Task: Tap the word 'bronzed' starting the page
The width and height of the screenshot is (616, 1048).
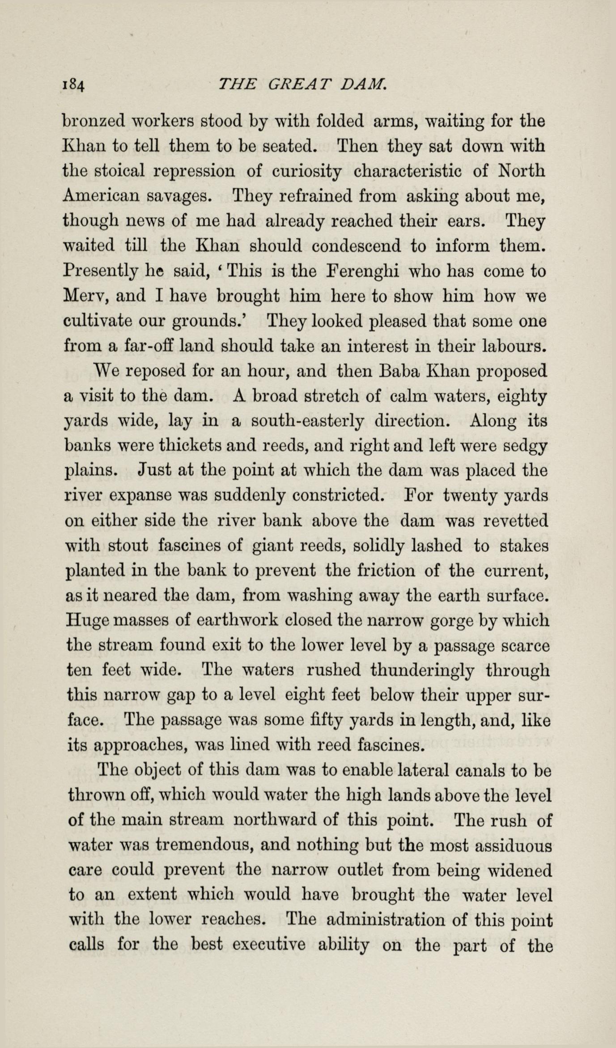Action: [93, 121]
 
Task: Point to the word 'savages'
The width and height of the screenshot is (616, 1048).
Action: [176, 196]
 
